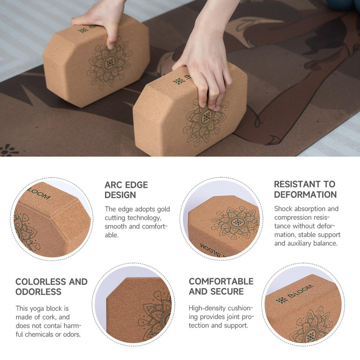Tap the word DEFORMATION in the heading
pos(305,195)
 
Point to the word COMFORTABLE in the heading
pos(221,281)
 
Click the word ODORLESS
pos(38,291)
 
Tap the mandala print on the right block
pos(205,119)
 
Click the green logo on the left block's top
pos(83,30)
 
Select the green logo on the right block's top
pos(179,81)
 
